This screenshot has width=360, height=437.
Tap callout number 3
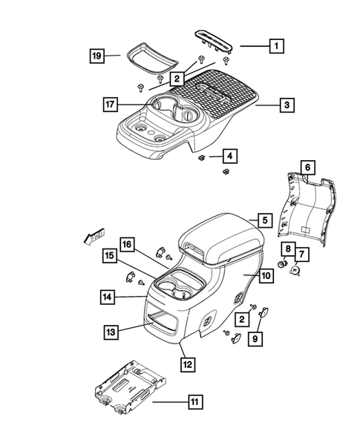click(x=286, y=106)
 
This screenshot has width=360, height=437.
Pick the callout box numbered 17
click(x=110, y=105)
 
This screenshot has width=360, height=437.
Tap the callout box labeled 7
click(x=303, y=255)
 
